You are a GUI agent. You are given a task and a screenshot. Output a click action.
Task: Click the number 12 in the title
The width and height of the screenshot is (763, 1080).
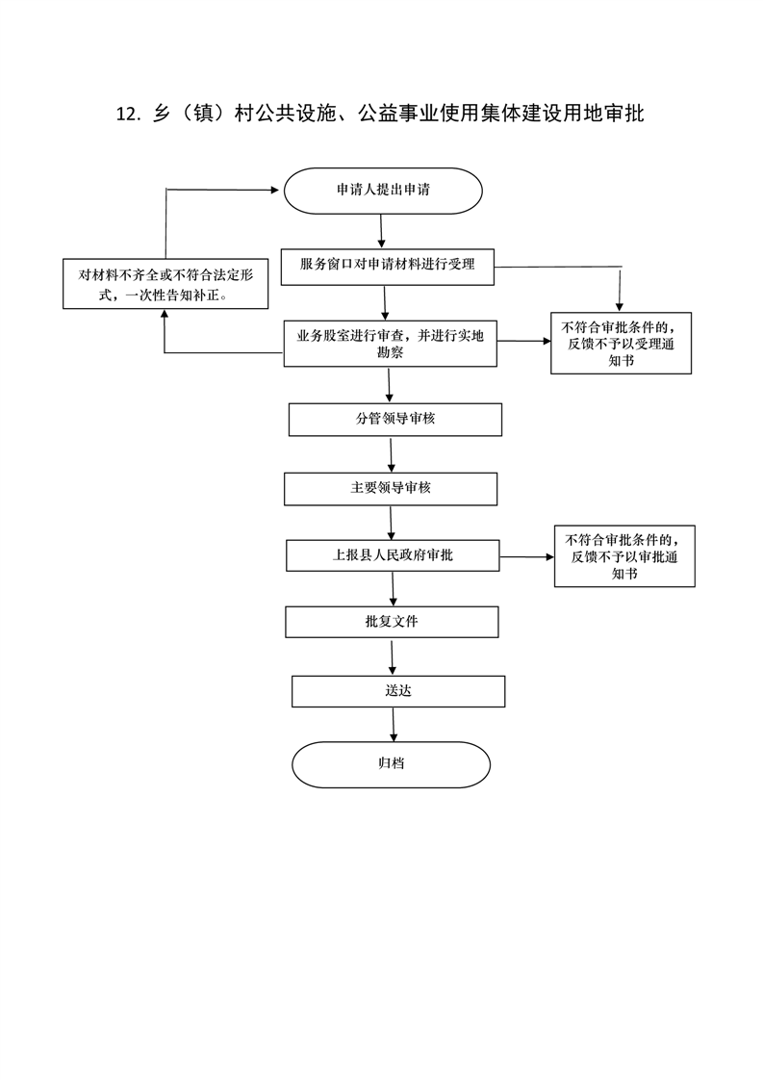pos(127,115)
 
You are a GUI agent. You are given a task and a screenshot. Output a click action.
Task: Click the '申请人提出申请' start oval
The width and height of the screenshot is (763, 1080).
pos(383,191)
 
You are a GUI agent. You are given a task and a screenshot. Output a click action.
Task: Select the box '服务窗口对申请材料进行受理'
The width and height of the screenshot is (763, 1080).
pos(387,265)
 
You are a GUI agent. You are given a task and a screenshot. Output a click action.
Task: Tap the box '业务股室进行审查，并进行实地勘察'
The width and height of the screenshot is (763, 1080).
pos(390,344)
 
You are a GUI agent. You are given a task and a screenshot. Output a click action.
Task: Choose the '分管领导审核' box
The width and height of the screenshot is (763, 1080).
pos(395,420)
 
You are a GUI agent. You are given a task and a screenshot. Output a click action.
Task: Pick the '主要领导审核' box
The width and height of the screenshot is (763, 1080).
pos(391,488)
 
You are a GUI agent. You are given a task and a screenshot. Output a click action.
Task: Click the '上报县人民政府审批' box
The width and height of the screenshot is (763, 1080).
pos(393,555)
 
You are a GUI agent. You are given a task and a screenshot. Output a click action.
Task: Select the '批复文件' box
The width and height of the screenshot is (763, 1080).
pos(392,622)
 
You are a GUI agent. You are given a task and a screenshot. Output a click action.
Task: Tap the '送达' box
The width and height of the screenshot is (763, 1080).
pos(398,691)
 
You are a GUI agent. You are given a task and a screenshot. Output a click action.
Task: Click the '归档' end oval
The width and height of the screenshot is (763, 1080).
pos(391,764)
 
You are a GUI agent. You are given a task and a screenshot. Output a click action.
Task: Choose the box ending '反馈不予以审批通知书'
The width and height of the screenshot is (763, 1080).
pos(624,556)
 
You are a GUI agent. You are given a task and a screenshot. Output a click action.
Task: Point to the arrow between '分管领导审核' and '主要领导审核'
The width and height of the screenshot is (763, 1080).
pos(391,453)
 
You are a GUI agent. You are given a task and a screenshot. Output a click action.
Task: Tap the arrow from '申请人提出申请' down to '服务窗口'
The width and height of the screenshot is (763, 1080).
pos(382,231)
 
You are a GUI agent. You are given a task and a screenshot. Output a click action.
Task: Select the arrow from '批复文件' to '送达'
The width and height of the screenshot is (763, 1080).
pos(392,656)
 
